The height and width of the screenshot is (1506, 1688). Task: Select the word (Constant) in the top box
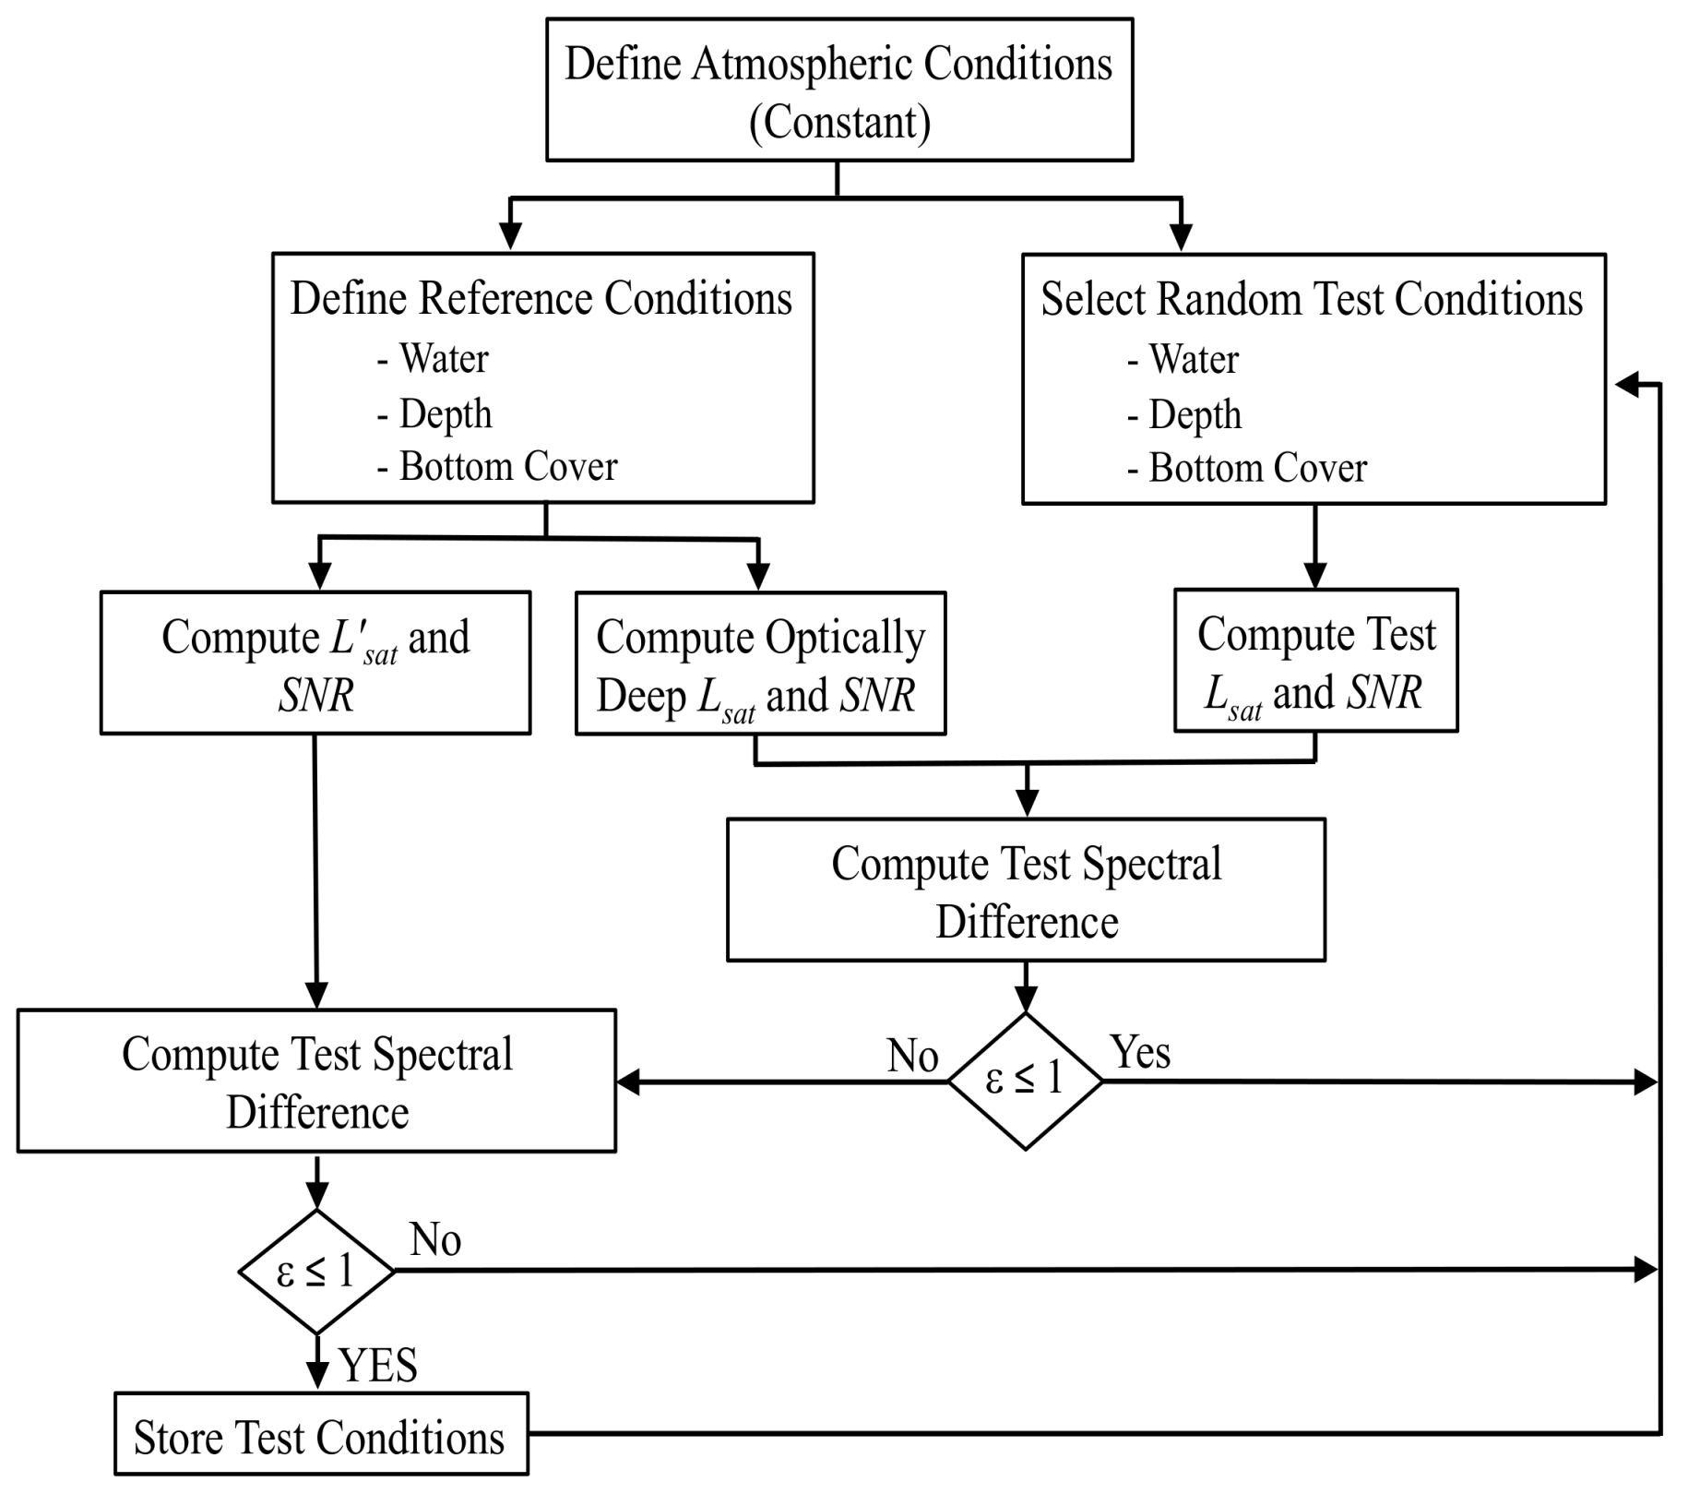(x=839, y=123)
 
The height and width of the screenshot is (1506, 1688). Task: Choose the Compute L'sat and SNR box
(x=315, y=663)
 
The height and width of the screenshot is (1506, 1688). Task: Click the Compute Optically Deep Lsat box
(x=760, y=663)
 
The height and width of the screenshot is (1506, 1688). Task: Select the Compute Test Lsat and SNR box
(x=1315, y=661)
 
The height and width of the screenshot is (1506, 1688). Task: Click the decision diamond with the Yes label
(x=1025, y=1081)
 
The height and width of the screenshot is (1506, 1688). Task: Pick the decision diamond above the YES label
(x=316, y=1272)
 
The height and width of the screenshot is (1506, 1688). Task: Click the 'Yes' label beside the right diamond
(x=1141, y=1053)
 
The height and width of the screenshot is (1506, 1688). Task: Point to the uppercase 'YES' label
(x=378, y=1366)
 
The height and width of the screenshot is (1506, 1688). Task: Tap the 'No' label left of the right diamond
(x=912, y=1057)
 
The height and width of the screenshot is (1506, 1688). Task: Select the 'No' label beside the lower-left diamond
(x=435, y=1240)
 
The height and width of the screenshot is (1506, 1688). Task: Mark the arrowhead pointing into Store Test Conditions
(x=317, y=1374)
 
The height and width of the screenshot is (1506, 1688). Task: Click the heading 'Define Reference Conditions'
(x=541, y=299)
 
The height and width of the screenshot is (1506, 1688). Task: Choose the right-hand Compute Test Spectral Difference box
(x=1026, y=890)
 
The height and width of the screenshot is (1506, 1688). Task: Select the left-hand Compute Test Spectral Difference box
(x=316, y=1081)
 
